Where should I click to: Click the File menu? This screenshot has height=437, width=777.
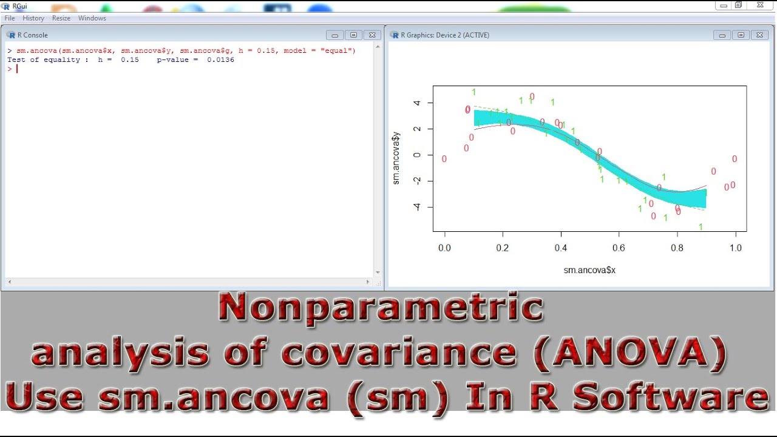[x=10, y=18]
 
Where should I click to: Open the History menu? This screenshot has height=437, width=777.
[x=33, y=18]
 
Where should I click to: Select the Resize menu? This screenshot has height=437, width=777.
[x=61, y=18]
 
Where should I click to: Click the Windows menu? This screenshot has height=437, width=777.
[x=92, y=18]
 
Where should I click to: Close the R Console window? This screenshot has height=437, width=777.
[x=373, y=35]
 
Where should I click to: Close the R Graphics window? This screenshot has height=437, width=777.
[x=759, y=35]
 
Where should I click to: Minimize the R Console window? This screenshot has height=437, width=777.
[x=334, y=35]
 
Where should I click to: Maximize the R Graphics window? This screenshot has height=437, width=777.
[x=741, y=35]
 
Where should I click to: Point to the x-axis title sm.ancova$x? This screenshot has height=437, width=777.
[x=589, y=270]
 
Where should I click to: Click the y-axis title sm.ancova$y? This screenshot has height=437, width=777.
[x=396, y=158]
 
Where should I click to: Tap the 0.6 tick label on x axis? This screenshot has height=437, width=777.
[x=619, y=248]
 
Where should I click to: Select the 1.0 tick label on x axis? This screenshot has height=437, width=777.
[x=735, y=248]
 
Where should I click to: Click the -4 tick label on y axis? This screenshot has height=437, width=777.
[x=416, y=207]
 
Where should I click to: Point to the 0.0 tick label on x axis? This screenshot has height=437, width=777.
[x=445, y=248]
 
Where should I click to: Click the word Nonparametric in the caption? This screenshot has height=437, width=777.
[x=381, y=307]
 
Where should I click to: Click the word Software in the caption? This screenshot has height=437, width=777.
[x=671, y=398]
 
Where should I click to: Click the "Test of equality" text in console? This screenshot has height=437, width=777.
[x=44, y=59]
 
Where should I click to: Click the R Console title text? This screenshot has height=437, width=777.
[x=33, y=35]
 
